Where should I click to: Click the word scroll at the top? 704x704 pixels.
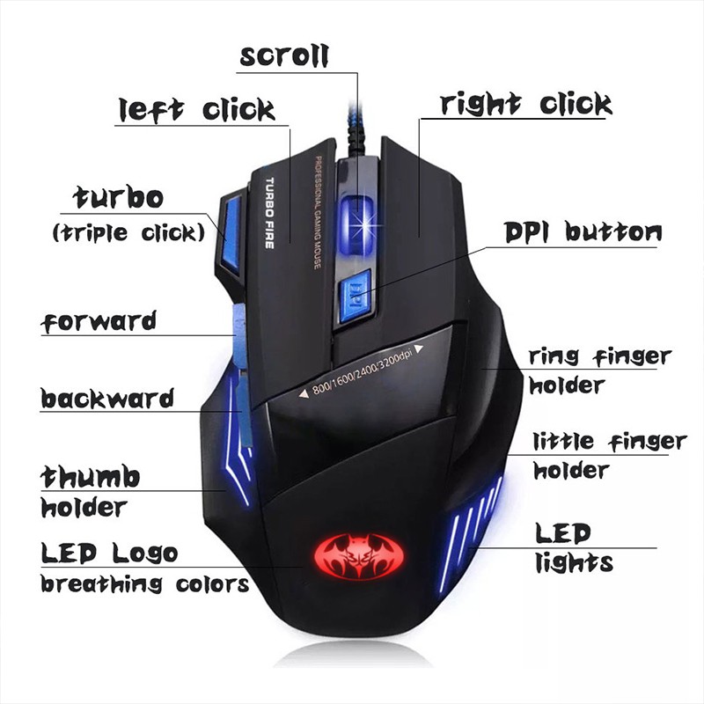[283, 55]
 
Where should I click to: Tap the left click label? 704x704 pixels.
[197, 111]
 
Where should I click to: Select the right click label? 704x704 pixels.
[525, 105]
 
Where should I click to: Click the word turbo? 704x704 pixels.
[118, 197]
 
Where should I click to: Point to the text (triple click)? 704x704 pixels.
[128, 233]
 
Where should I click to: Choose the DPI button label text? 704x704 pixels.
[583, 232]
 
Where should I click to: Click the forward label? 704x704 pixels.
[99, 322]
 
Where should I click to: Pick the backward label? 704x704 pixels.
[107, 400]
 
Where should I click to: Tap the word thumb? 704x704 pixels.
[91, 477]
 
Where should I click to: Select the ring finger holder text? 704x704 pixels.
[598, 370]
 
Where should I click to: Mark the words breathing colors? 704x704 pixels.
[144, 584]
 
